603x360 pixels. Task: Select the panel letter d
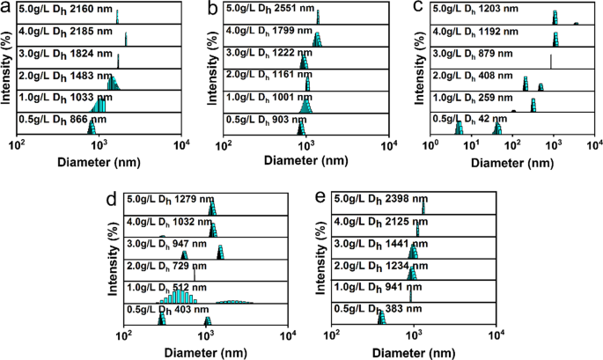[x=112, y=199]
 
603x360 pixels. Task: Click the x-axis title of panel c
[x=512, y=161]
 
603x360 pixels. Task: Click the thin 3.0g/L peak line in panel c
[x=550, y=61]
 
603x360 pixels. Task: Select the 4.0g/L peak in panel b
[x=318, y=40]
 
